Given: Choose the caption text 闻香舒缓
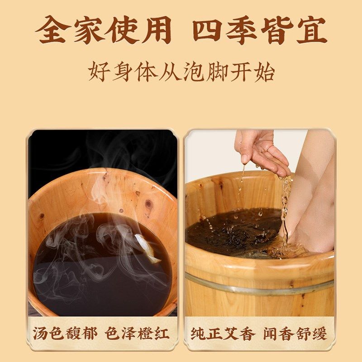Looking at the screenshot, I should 295,333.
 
